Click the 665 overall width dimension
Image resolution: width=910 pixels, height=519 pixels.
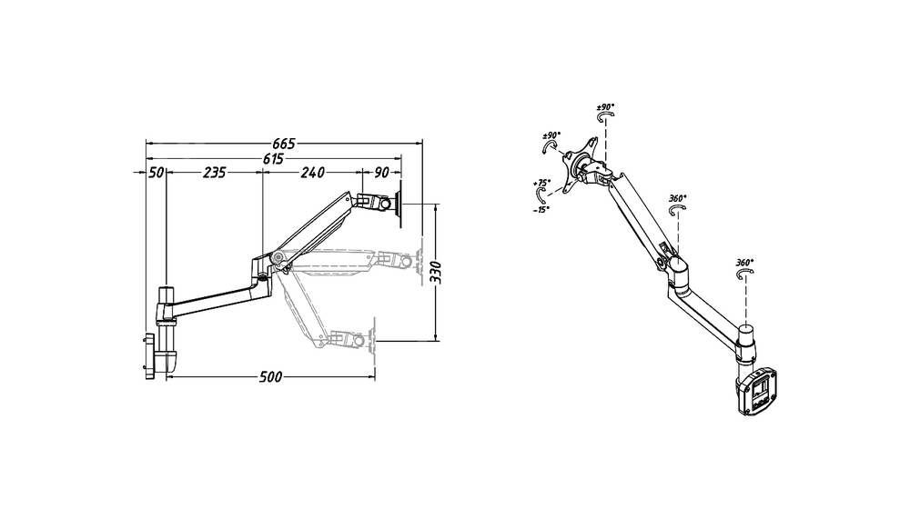point(284,144)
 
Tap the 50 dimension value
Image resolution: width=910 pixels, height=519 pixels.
point(155,172)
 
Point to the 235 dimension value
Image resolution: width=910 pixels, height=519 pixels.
point(215,172)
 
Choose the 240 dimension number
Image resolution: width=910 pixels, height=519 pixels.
point(312,172)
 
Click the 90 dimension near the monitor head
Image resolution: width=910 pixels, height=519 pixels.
point(380,172)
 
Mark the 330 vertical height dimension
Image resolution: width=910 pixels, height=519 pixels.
point(437,271)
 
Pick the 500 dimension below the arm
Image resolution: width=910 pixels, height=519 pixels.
point(271,377)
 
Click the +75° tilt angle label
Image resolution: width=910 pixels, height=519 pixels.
point(543,183)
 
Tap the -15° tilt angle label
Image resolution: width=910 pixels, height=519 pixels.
point(543,209)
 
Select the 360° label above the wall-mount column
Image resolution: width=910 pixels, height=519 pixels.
point(743,263)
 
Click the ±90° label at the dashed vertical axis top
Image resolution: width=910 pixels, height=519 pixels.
point(605,106)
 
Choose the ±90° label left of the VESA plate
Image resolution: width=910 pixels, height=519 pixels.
point(551,136)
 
